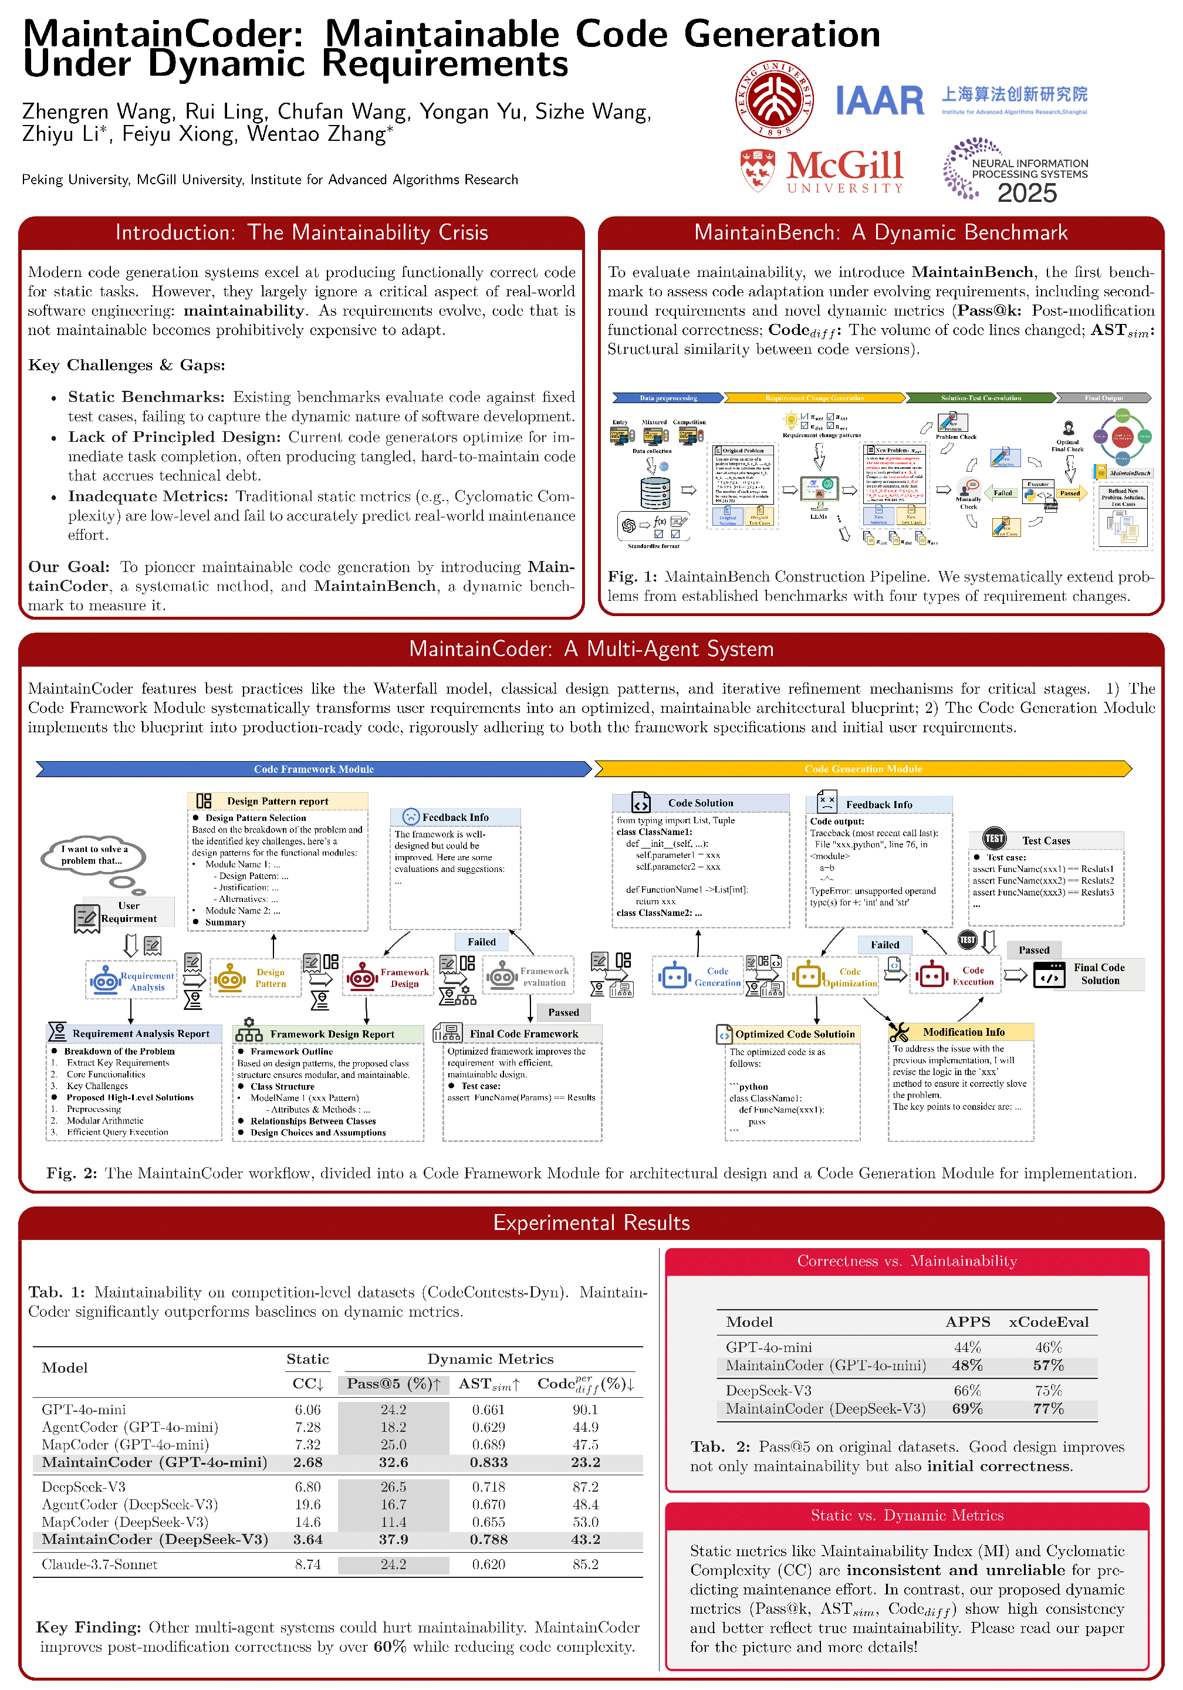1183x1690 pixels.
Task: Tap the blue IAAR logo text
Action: click(x=879, y=100)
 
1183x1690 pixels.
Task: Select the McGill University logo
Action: click(x=822, y=171)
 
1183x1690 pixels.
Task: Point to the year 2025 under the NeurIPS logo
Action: click(x=1026, y=194)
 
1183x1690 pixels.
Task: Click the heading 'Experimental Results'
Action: click(x=591, y=1222)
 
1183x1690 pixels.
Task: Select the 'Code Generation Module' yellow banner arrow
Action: click(x=862, y=769)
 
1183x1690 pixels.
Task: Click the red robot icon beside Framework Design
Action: click(x=362, y=978)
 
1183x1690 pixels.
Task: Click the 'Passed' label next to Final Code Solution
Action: click(x=1033, y=950)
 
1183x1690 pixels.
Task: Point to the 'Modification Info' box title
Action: click(x=963, y=1032)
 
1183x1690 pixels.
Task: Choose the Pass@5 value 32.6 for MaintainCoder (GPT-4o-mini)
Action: click(x=393, y=1462)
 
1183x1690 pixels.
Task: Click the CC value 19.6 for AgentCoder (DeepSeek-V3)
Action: click(x=307, y=1505)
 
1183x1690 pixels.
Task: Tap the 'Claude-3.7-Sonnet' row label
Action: click(x=99, y=1565)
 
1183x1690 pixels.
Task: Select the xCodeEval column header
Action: click(x=1047, y=1322)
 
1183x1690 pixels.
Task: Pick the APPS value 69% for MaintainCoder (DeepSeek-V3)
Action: click(x=966, y=1409)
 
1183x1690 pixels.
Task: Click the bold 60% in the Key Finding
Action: click(x=390, y=1647)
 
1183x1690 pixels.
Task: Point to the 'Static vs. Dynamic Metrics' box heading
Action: click(x=907, y=1516)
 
